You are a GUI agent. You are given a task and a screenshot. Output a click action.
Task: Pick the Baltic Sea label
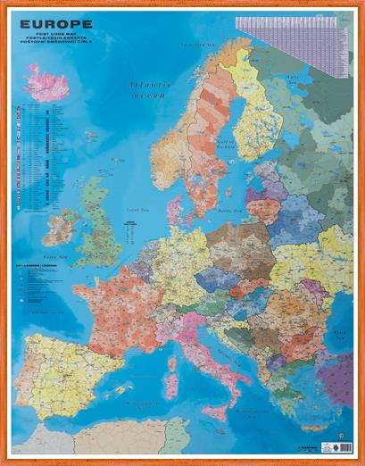[x=230, y=211]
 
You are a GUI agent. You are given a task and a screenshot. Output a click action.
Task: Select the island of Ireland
[x=61, y=227]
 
